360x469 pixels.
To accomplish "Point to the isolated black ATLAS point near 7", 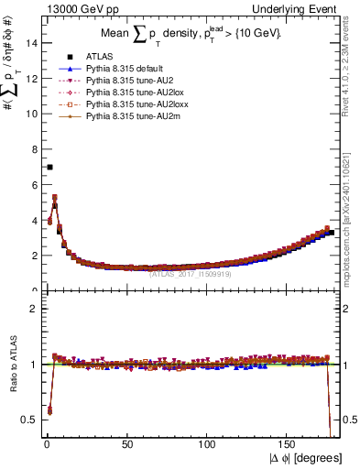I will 49,167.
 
